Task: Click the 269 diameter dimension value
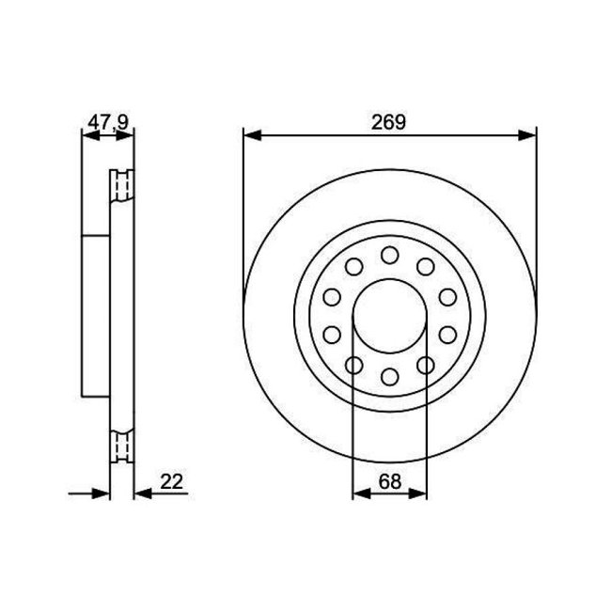pyautogui.click(x=388, y=120)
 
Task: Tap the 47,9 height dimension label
pyautogui.click(x=107, y=121)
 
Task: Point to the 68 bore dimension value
pyautogui.click(x=389, y=481)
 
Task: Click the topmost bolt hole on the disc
pyautogui.click(x=389, y=255)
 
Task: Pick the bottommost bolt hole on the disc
pyautogui.click(x=389, y=377)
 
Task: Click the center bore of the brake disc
pyautogui.click(x=389, y=316)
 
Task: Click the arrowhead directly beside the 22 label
pyautogui.click(x=140, y=493)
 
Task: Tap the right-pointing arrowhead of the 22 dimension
pyautogui.click(x=103, y=493)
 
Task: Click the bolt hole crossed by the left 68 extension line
pyautogui.click(x=353, y=365)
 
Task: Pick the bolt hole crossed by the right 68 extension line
pyautogui.click(x=425, y=365)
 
